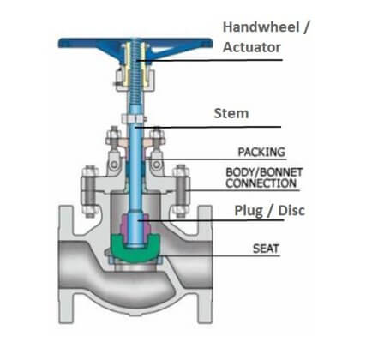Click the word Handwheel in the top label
[x=261, y=27]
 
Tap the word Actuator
[x=252, y=47]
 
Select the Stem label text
[x=231, y=113]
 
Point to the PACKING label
[x=261, y=152]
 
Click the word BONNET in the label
[x=281, y=172]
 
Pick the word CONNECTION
[x=261, y=183]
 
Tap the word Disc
[x=291, y=210]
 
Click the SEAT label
[x=266, y=249]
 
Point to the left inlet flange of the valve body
[x=65, y=264]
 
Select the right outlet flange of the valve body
[x=206, y=264]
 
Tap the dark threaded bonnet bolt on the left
[x=90, y=191]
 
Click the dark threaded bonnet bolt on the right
[x=181, y=191]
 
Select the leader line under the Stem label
[x=208, y=127]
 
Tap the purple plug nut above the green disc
[x=135, y=225]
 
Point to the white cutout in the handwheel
[x=160, y=50]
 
